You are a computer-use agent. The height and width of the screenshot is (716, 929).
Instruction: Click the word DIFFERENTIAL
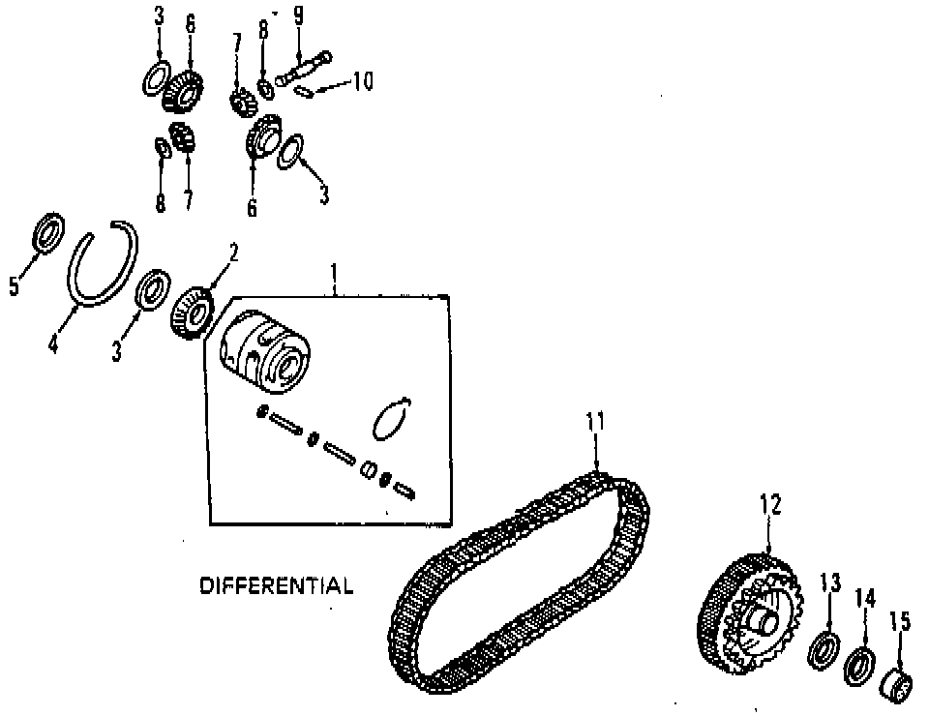pos(276,585)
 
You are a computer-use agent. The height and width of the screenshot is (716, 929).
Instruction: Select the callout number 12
pos(769,504)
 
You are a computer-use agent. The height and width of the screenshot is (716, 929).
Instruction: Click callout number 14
pos(864,598)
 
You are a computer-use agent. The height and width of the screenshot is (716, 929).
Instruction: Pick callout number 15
pos(899,619)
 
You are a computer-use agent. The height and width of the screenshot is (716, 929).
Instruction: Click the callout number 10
pos(361,80)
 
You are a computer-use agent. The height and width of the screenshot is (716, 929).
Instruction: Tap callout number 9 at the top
pos(298,16)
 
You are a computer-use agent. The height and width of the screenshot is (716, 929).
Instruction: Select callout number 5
pos(15,286)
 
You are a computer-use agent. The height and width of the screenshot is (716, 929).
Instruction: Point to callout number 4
pos(53,343)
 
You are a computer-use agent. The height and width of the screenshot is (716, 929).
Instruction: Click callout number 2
pos(233,254)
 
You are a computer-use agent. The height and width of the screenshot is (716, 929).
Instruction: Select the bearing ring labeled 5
pos(47,233)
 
